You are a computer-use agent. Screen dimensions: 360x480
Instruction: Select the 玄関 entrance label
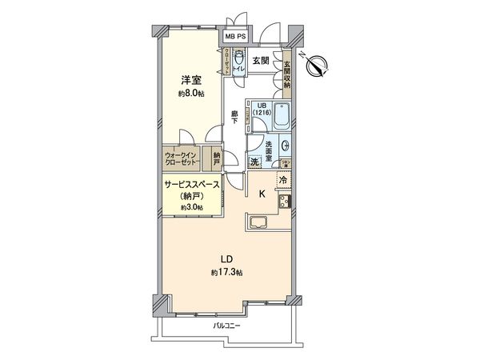261,61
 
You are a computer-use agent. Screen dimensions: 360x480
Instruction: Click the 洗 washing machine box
254,162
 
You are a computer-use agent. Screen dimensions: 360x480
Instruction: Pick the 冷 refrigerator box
284,179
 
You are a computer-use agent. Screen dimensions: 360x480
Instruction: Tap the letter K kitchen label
261,193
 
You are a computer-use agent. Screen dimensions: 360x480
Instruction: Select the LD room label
228,258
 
